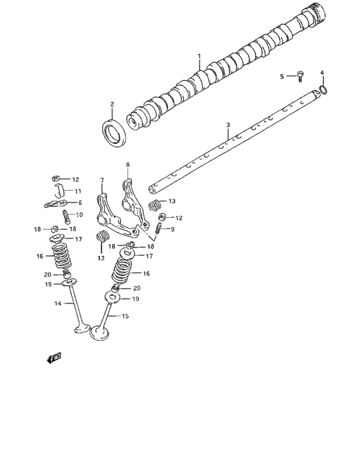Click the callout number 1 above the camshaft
tap(199, 56)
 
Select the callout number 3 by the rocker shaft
tap(228, 124)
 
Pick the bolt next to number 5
tap(300, 77)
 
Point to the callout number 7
tap(102, 180)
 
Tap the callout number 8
tap(127, 165)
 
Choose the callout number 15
tap(126, 316)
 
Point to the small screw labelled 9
tap(157, 228)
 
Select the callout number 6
tap(80, 203)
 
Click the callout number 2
tap(111, 104)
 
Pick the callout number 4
tap(322, 73)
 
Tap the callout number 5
tap(282, 76)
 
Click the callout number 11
tap(78, 191)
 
